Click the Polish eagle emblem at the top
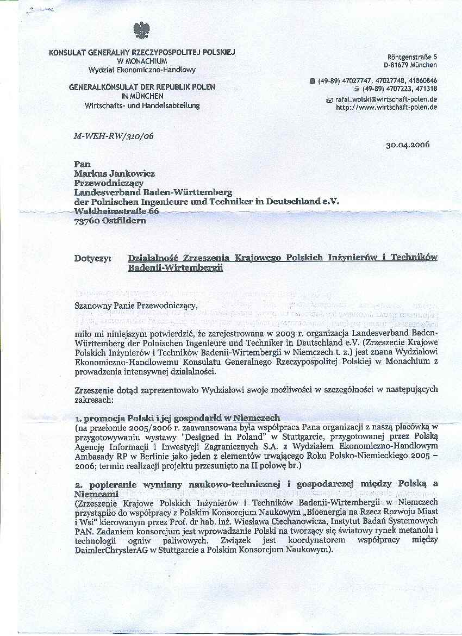tap(141, 30)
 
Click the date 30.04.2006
tap(408, 146)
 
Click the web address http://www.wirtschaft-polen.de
tap(386, 107)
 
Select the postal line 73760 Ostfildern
tap(110, 221)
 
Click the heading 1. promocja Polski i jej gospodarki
tap(177, 418)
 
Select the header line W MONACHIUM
tap(141, 61)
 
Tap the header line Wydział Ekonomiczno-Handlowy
tap(142, 70)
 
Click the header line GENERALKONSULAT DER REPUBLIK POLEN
tap(142, 87)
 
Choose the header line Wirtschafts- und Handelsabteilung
tap(142, 105)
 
